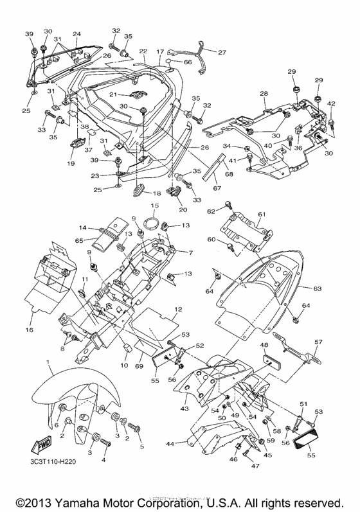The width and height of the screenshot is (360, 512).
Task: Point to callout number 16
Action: [x=29, y=330]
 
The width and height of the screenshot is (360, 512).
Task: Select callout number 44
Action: [x=171, y=444]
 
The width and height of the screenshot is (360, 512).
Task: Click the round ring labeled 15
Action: [x=152, y=225]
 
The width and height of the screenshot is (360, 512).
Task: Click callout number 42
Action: [x=332, y=103]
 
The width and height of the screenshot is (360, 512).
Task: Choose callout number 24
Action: [x=76, y=33]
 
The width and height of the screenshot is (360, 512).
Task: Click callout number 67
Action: [x=217, y=188]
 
